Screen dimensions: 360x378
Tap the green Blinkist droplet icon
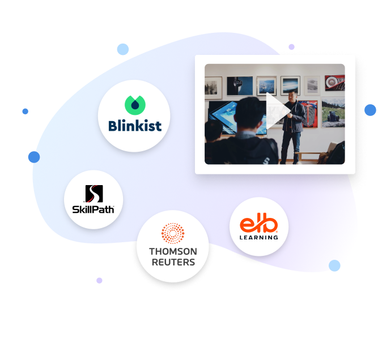135,105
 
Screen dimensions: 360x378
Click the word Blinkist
135,125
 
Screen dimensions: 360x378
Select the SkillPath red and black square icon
94,194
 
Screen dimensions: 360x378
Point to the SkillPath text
94,209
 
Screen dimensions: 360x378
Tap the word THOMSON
173,251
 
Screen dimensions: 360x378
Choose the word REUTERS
173,262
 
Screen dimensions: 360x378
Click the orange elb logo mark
259,225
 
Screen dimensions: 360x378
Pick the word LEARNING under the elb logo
259,237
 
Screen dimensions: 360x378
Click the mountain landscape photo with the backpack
333,113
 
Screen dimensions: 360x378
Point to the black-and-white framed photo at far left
213,87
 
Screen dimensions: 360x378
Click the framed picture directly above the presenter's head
290,85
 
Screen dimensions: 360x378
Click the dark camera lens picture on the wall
240,85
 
